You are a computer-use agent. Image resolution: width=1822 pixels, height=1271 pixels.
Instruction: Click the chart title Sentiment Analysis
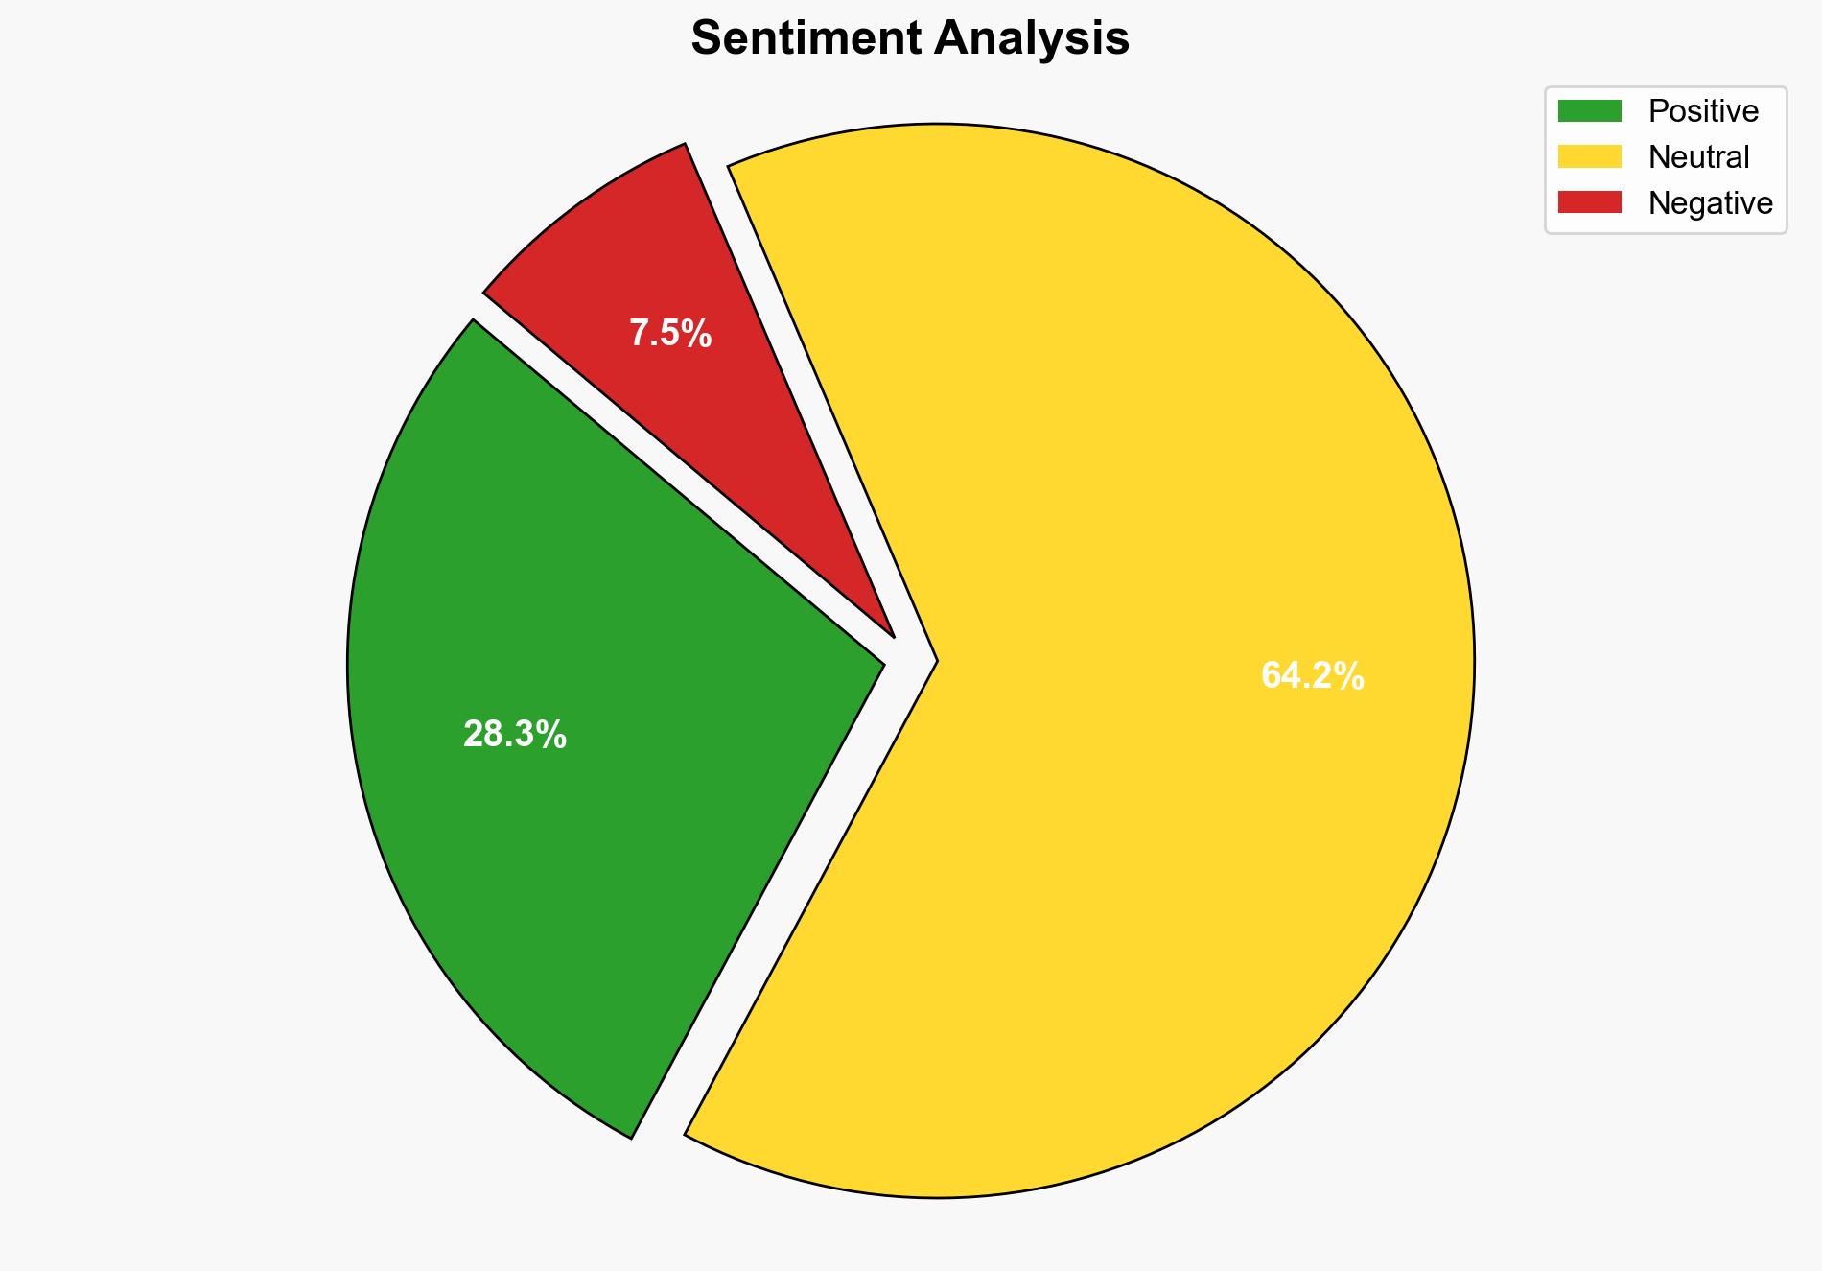point(910,39)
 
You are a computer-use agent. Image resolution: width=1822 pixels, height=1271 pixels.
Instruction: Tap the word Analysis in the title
point(1033,39)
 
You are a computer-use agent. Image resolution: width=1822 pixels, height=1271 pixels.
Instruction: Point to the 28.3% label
point(515,735)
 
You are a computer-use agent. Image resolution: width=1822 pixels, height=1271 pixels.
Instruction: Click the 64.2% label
point(1312,676)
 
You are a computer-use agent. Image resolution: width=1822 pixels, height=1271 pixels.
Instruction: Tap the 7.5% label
point(670,334)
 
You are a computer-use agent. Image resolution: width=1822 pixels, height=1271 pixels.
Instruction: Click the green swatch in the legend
point(1589,111)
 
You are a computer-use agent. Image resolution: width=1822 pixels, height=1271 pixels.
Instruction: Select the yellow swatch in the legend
point(1589,156)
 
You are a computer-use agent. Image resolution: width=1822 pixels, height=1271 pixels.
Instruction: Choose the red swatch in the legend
point(1589,202)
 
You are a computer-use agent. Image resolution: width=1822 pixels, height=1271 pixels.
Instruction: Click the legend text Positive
point(1703,111)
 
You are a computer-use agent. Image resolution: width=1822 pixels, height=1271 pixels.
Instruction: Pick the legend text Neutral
point(1698,156)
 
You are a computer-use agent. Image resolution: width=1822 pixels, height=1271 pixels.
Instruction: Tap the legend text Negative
point(1710,202)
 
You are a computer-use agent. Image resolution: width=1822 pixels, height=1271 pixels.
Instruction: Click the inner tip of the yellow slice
point(934,660)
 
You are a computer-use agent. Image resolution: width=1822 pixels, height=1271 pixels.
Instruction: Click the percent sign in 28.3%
point(552,735)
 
